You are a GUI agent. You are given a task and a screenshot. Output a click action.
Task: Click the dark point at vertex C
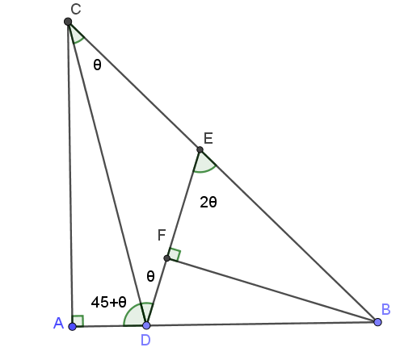pos(68,22)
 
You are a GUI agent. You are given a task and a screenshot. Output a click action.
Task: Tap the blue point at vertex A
pos(72,327)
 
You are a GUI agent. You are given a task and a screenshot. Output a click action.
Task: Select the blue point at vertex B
pos(377,322)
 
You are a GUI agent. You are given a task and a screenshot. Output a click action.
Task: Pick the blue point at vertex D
pos(146,325)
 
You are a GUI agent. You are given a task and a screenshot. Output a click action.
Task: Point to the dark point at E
pos(200,149)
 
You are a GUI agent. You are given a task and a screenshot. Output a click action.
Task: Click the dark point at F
pos(166,258)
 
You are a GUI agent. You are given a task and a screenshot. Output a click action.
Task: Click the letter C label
pos(76,9)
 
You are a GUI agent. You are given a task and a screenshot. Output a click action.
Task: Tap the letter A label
pos(58,323)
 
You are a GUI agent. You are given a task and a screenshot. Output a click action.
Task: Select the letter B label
pos(385,309)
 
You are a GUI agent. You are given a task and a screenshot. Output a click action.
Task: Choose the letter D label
pos(145,340)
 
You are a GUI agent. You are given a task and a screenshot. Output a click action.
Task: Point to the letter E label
pos(208,138)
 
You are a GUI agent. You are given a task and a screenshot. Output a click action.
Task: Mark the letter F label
pos(162,235)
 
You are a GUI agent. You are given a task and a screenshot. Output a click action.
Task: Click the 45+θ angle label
pos(108,302)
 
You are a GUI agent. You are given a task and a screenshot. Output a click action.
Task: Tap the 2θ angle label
pos(208,202)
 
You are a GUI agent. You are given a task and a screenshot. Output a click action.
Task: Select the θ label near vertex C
pos(97,65)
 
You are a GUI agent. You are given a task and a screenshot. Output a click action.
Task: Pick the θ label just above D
pos(150,276)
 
